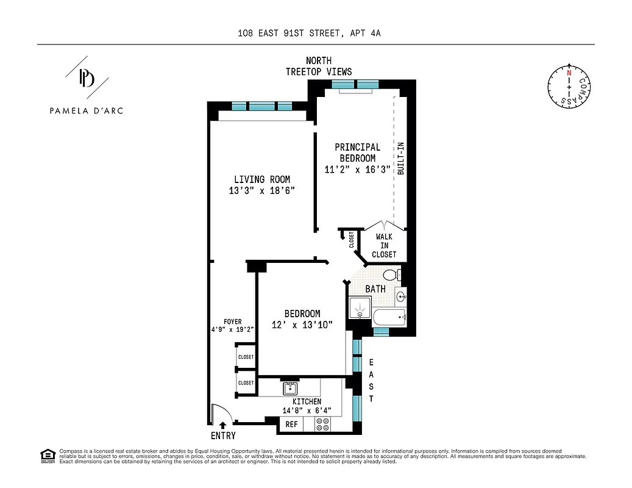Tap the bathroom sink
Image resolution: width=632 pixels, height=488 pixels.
(401, 297)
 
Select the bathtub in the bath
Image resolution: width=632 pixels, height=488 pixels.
(389, 317)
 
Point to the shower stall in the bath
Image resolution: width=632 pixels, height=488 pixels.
(360, 309)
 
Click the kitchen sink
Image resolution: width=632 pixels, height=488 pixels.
(289, 388)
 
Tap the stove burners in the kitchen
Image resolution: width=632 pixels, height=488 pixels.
(322, 425)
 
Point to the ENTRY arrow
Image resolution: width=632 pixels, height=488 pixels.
(222, 425)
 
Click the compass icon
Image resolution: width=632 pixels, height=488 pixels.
(569, 87)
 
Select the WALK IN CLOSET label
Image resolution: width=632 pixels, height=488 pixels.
(384, 245)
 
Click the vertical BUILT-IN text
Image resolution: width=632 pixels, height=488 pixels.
(400, 159)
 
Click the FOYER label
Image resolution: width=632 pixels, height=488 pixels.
(232, 321)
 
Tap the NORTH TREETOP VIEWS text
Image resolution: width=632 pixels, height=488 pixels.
(319, 66)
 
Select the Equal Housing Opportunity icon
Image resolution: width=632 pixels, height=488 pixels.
(47, 455)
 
